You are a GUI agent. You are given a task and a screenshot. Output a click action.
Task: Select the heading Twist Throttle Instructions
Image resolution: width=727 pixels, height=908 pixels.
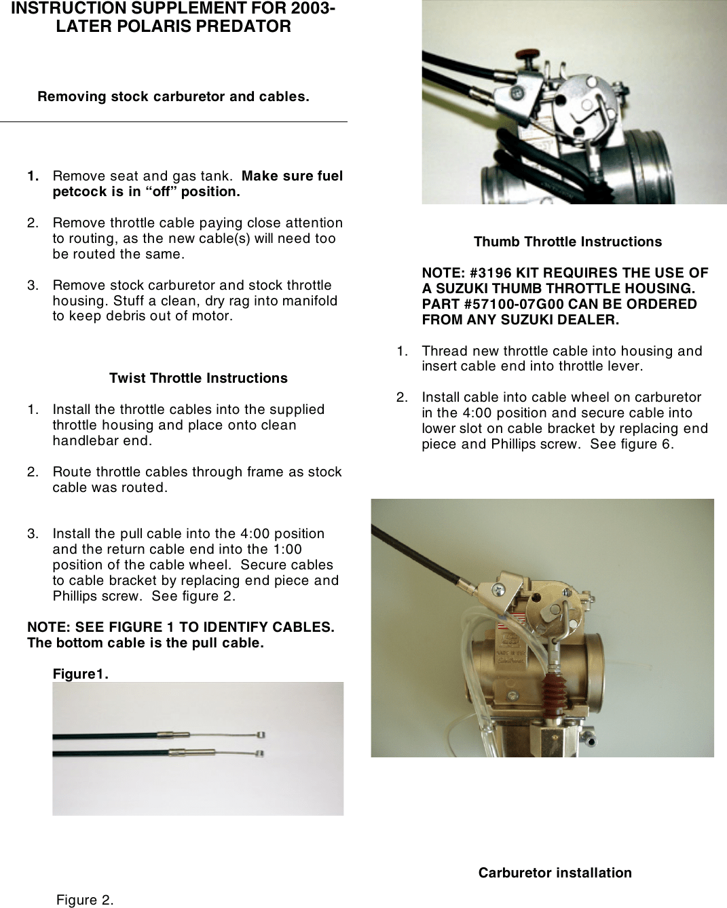coord(198,378)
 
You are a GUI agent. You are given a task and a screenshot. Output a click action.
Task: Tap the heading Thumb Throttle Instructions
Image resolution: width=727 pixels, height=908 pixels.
coord(567,242)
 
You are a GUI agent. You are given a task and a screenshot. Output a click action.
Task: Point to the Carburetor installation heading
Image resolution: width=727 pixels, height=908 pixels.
coord(555,873)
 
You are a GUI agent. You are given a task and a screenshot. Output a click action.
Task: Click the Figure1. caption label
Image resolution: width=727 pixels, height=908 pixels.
coord(81,674)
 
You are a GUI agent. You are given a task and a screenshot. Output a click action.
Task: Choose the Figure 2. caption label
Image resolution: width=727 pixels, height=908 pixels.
coord(85,901)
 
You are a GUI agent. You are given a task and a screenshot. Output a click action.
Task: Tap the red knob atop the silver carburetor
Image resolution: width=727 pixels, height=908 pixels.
coord(524,54)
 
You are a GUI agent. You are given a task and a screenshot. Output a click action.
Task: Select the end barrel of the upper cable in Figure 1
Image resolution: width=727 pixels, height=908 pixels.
coord(261,735)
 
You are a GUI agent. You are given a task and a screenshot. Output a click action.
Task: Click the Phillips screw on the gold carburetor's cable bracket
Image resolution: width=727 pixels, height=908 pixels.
coord(499,590)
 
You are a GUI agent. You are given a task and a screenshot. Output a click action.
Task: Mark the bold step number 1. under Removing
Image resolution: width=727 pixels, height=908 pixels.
coord(33,176)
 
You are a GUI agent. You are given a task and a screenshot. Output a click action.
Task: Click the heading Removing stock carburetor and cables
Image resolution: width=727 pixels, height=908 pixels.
coord(173,96)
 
